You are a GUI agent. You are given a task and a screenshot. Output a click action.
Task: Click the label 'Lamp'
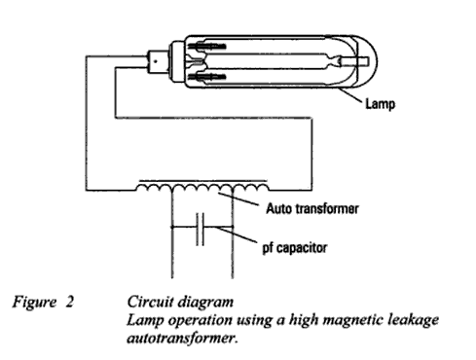tap(381, 104)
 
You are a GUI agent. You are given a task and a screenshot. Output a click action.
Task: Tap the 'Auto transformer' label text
tap(312, 208)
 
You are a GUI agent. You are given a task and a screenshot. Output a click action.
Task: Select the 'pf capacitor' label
tap(295, 248)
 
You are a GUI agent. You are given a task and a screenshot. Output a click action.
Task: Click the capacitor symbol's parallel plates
tap(201, 229)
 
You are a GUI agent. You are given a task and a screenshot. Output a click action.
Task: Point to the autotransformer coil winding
tap(202, 187)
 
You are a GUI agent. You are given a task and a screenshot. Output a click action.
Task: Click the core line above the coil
tap(203, 181)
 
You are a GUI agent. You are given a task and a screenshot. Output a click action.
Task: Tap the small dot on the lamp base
tap(156, 61)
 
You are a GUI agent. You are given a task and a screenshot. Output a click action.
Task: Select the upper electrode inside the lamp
tap(207, 47)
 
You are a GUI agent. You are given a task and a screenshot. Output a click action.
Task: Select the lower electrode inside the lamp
tap(207, 77)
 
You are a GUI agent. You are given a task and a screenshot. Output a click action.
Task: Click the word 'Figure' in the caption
tap(34, 303)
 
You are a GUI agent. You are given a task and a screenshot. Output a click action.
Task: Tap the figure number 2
tap(69, 302)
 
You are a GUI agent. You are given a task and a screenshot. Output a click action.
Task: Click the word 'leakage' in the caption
tap(414, 320)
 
